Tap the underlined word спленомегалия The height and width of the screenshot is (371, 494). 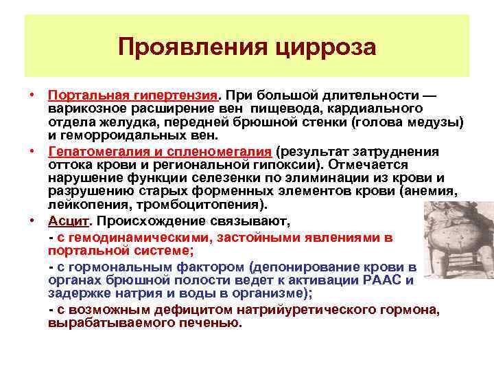click(217, 150)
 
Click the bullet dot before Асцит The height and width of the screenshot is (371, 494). click(33, 221)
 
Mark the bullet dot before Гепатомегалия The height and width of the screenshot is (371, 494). click(33, 150)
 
